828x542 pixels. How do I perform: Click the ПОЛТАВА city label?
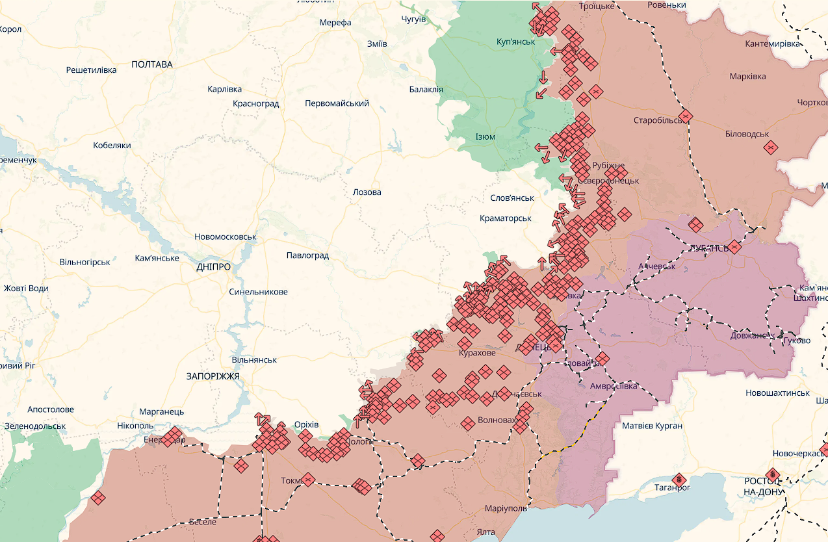click(152, 64)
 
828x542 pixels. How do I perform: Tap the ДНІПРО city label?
click(213, 266)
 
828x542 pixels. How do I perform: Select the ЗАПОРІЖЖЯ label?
click(213, 376)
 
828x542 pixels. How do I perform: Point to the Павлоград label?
click(307, 255)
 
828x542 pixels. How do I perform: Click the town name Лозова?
click(367, 192)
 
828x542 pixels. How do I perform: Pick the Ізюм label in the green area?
click(485, 137)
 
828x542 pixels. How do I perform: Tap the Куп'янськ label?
click(515, 42)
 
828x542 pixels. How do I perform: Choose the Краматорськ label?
click(506, 218)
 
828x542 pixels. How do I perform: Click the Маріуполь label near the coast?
click(506, 508)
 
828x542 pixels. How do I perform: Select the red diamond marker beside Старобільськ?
click(685, 118)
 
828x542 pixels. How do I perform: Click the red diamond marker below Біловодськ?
click(771, 148)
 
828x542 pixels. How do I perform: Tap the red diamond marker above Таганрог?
click(679, 480)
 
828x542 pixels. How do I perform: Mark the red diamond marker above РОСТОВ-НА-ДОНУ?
click(772, 474)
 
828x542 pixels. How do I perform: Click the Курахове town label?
click(476, 353)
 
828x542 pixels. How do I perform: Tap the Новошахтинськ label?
click(777, 393)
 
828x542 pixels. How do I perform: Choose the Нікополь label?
click(135, 426)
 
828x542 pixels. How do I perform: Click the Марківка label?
click(747, 76)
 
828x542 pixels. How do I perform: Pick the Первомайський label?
click(337, 103)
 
